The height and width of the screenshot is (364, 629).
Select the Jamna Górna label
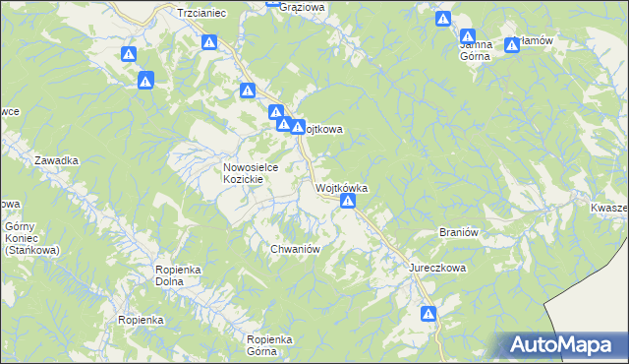[x=475, y=49]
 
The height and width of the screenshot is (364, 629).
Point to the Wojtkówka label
[x=341, y=187]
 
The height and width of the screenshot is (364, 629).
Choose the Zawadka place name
[x=56, y=160]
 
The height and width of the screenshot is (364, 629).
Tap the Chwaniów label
[x=297, y=250]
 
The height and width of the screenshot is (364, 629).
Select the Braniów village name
[x=458, y=233]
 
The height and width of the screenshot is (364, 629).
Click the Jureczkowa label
[x=436, y=268]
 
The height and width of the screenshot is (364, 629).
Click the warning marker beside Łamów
[x=511, y=44]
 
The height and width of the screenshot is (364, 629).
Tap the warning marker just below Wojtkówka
[x=348, y=202]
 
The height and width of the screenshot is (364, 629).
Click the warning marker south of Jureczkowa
[x=429, y=314]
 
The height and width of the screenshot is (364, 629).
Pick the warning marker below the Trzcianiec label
[x=208, y=43]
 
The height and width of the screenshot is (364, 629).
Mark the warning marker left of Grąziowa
[x=272, y=3]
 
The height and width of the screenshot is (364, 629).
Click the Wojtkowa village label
[x=322, y=129]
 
